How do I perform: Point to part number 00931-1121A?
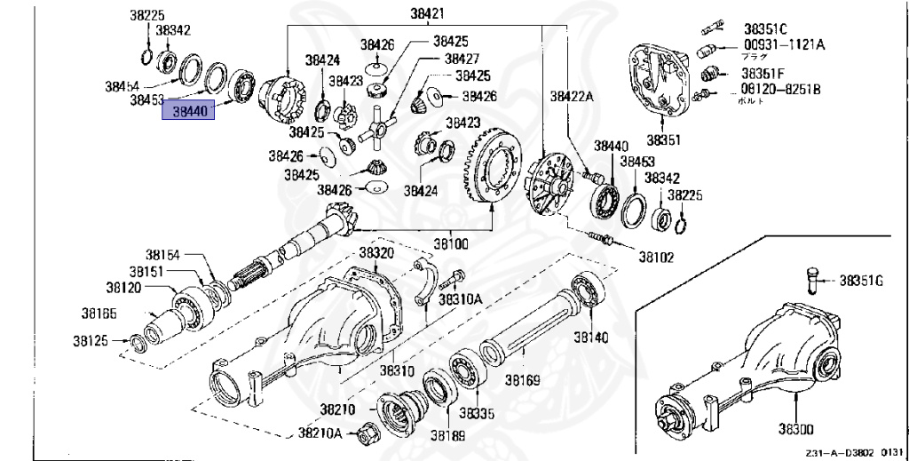tap(783, 44)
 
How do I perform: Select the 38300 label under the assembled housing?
tap(796, 429)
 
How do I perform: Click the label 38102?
tap(655, 257)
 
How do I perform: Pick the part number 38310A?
tap(461, 298)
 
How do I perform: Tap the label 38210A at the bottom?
tap(327, 433)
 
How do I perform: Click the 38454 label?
tap(122, 86)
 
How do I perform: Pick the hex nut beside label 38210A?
tap(364, 434)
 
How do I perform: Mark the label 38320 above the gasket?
tap(375, 252)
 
